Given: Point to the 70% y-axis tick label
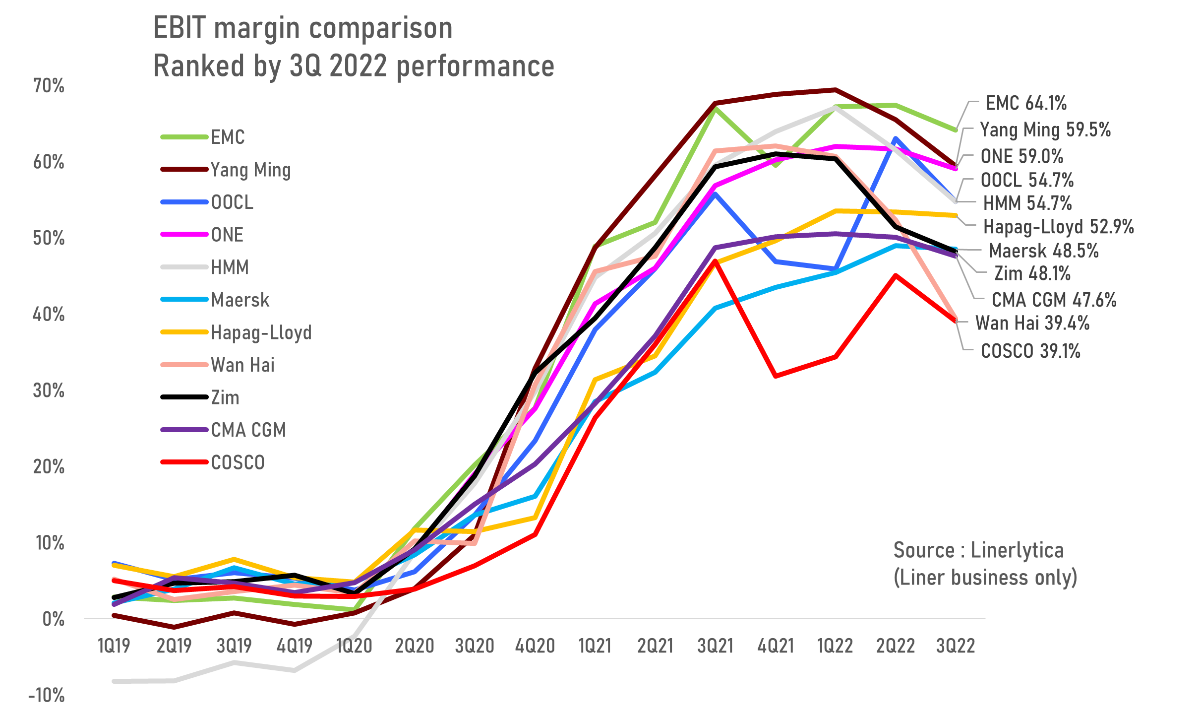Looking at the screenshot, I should tap(49, 86).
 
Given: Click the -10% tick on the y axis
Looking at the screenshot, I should tap(47, 695).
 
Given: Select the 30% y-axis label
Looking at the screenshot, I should tap(49, 391).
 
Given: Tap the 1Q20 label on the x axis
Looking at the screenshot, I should tap(354, 646).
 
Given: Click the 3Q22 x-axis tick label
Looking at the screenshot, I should tap(956, 646).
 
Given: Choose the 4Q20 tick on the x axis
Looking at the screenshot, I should tap(535, 646).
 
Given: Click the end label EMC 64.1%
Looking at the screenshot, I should tap(1025, 103).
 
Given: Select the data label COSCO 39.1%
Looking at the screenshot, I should tap(1030, 351).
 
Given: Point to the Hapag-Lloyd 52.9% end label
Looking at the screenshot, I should tap(1058, 227).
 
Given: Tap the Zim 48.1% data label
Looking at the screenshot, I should tap(1032, 273).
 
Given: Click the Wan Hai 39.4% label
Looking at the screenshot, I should tap(1032, 323).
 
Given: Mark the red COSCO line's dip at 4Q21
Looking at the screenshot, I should tap(776, 376).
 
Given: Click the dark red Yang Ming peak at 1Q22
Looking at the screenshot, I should tap(836, 90).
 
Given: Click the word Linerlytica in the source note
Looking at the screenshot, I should tap(1017, 550).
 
